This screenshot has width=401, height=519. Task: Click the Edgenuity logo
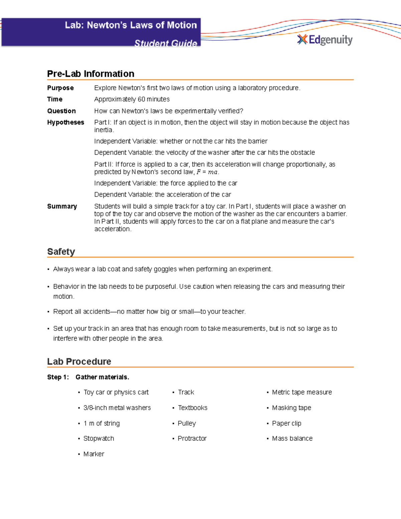click(x=325, y=40)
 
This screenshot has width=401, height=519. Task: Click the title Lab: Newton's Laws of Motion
click(x=131, y=25)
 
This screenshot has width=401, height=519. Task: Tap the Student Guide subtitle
click(x=165, y=43)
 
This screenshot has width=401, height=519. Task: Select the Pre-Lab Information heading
click(x=91, y=74)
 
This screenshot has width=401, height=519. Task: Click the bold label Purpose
click(x=60, y=88)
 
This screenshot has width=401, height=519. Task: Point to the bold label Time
click(x=55, y=99)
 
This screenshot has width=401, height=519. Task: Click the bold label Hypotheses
click(x=65, y=122)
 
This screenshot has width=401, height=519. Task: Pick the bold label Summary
click(x=62, y=206)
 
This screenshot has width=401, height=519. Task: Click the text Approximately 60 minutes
click(x=132, y=99)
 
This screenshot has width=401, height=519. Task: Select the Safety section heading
click(x=61, y=252)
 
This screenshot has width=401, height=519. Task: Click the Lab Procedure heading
click(x=79, y=361)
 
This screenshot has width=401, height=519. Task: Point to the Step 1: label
click(x=58, y=377)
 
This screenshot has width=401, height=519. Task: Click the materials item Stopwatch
click(x=99, y=438)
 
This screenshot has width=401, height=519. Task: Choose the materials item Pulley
click(x=187, y=423)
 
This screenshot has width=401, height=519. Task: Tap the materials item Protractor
click(x=192, y=438)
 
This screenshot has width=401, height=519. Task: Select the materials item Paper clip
click(x=286, y=423)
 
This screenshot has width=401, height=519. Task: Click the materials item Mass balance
click(x=292, y=438)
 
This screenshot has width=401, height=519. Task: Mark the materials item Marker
click(x=94, y=454)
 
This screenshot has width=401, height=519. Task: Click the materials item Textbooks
click(x=192, y=408)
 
